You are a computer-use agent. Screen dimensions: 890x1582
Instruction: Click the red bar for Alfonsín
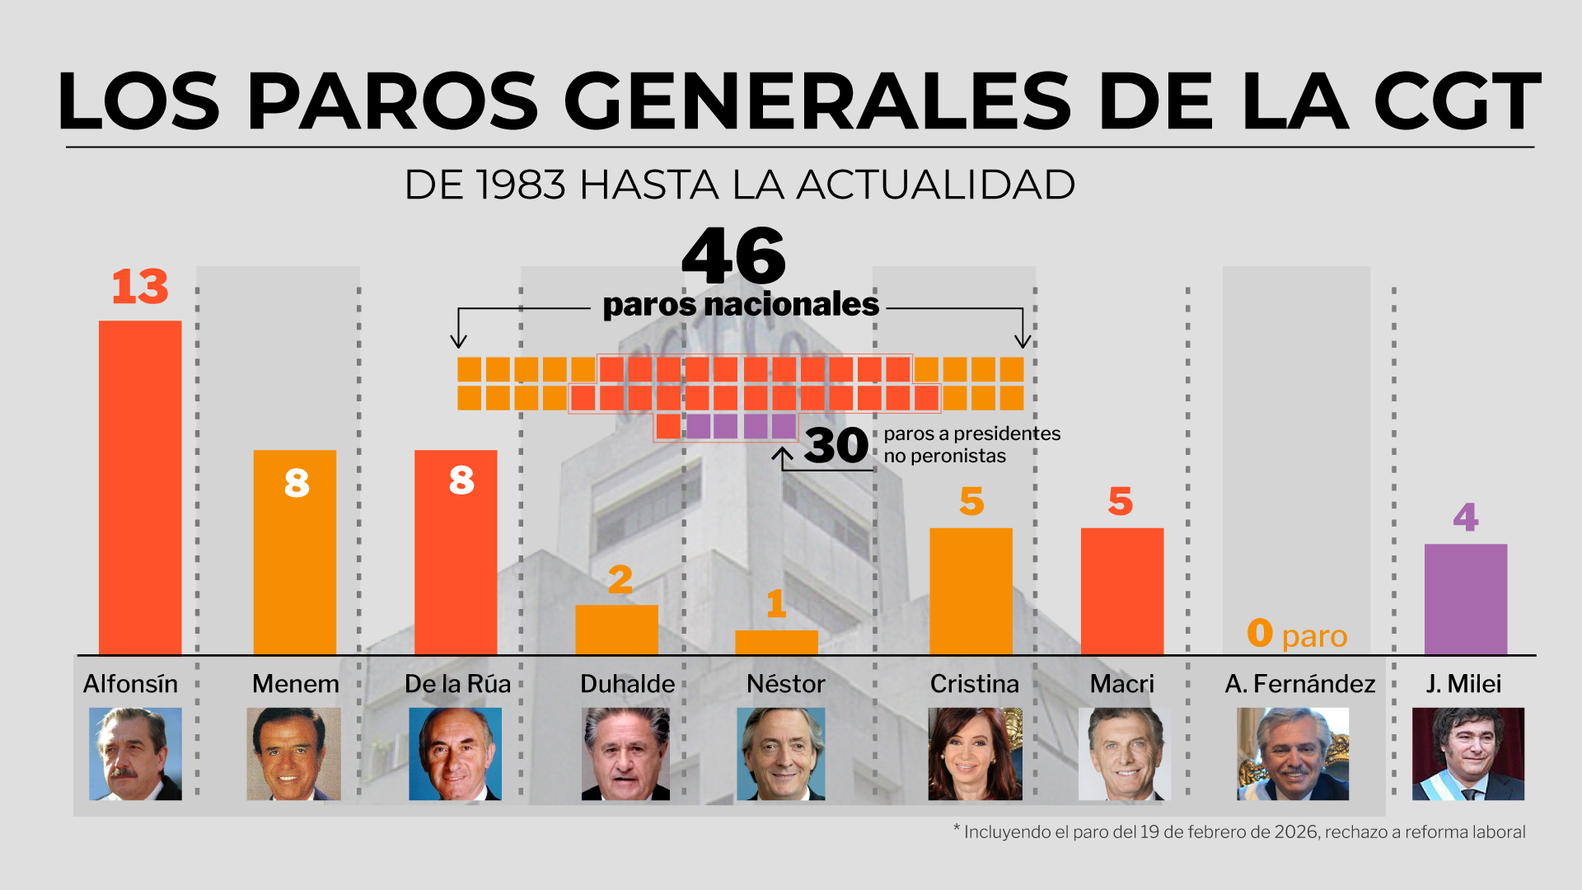click(140, 487)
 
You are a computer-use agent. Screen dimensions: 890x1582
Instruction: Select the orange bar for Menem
click(294, 552)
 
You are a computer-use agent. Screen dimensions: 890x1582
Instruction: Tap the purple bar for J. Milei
click(1465, 599)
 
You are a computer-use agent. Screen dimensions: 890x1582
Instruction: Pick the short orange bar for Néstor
click(776, 643)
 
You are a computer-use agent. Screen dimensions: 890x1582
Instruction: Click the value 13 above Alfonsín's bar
click(140, 287)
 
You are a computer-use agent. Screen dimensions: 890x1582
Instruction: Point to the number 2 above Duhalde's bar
click(620, 580)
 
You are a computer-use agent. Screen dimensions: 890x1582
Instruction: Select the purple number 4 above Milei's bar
click(1465, 518)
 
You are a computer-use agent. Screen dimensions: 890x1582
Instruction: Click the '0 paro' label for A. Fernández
click(1297, 635)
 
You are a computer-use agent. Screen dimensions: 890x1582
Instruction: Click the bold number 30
click(836, 446)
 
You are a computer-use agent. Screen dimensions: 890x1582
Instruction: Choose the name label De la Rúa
click(457, 684)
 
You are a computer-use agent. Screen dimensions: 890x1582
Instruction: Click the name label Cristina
click(974, 684)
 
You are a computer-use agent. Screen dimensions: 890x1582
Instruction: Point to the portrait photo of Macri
click(1124, 754)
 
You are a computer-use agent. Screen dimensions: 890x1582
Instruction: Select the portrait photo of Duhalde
click(625, 754)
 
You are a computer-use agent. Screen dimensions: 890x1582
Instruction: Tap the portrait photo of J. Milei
click(1467, 754)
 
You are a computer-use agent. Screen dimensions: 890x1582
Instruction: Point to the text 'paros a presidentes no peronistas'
click(971, 445)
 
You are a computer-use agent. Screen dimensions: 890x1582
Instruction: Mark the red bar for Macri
click(1121, 591)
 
